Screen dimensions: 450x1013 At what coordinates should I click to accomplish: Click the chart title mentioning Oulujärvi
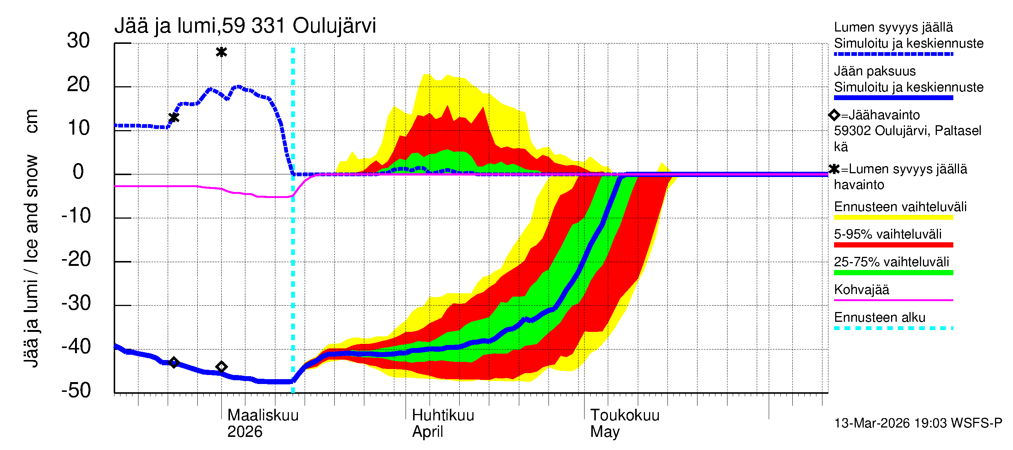click(x=245, y=26)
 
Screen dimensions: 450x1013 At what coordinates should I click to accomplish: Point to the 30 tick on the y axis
click(x=78, y=40)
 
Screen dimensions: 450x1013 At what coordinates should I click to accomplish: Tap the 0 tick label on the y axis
click(x=78, y=172)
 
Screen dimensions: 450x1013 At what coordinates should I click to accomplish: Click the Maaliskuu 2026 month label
click(x=263, y=423)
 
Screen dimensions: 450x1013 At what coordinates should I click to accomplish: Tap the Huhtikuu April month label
click(x=443, y=423)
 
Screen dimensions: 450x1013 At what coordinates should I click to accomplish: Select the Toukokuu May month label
click(x=624, y=423)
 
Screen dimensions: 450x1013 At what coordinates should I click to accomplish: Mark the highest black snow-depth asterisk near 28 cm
click(x=221, y=52)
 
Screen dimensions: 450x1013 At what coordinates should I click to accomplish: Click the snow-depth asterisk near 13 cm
click(x=174, y=117)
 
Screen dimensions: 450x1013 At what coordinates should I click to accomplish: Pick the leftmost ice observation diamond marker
click(x=174, y=362)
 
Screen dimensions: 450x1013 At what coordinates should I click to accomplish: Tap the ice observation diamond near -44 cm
click(x=221, y=367)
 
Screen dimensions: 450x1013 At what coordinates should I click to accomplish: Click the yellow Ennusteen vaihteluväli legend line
click(x=893, y=217)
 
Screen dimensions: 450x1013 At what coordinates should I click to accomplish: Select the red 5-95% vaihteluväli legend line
click(x=893, y=245)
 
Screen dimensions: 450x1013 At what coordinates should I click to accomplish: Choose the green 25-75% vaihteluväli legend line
click(x=893, y=272)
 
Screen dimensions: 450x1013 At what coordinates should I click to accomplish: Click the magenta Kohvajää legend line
click(x=893, y=300)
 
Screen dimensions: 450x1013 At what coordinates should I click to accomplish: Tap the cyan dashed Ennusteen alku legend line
click(x=893, y=328)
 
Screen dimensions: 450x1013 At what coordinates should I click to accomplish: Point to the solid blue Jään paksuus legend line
click(x=893, y=97)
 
